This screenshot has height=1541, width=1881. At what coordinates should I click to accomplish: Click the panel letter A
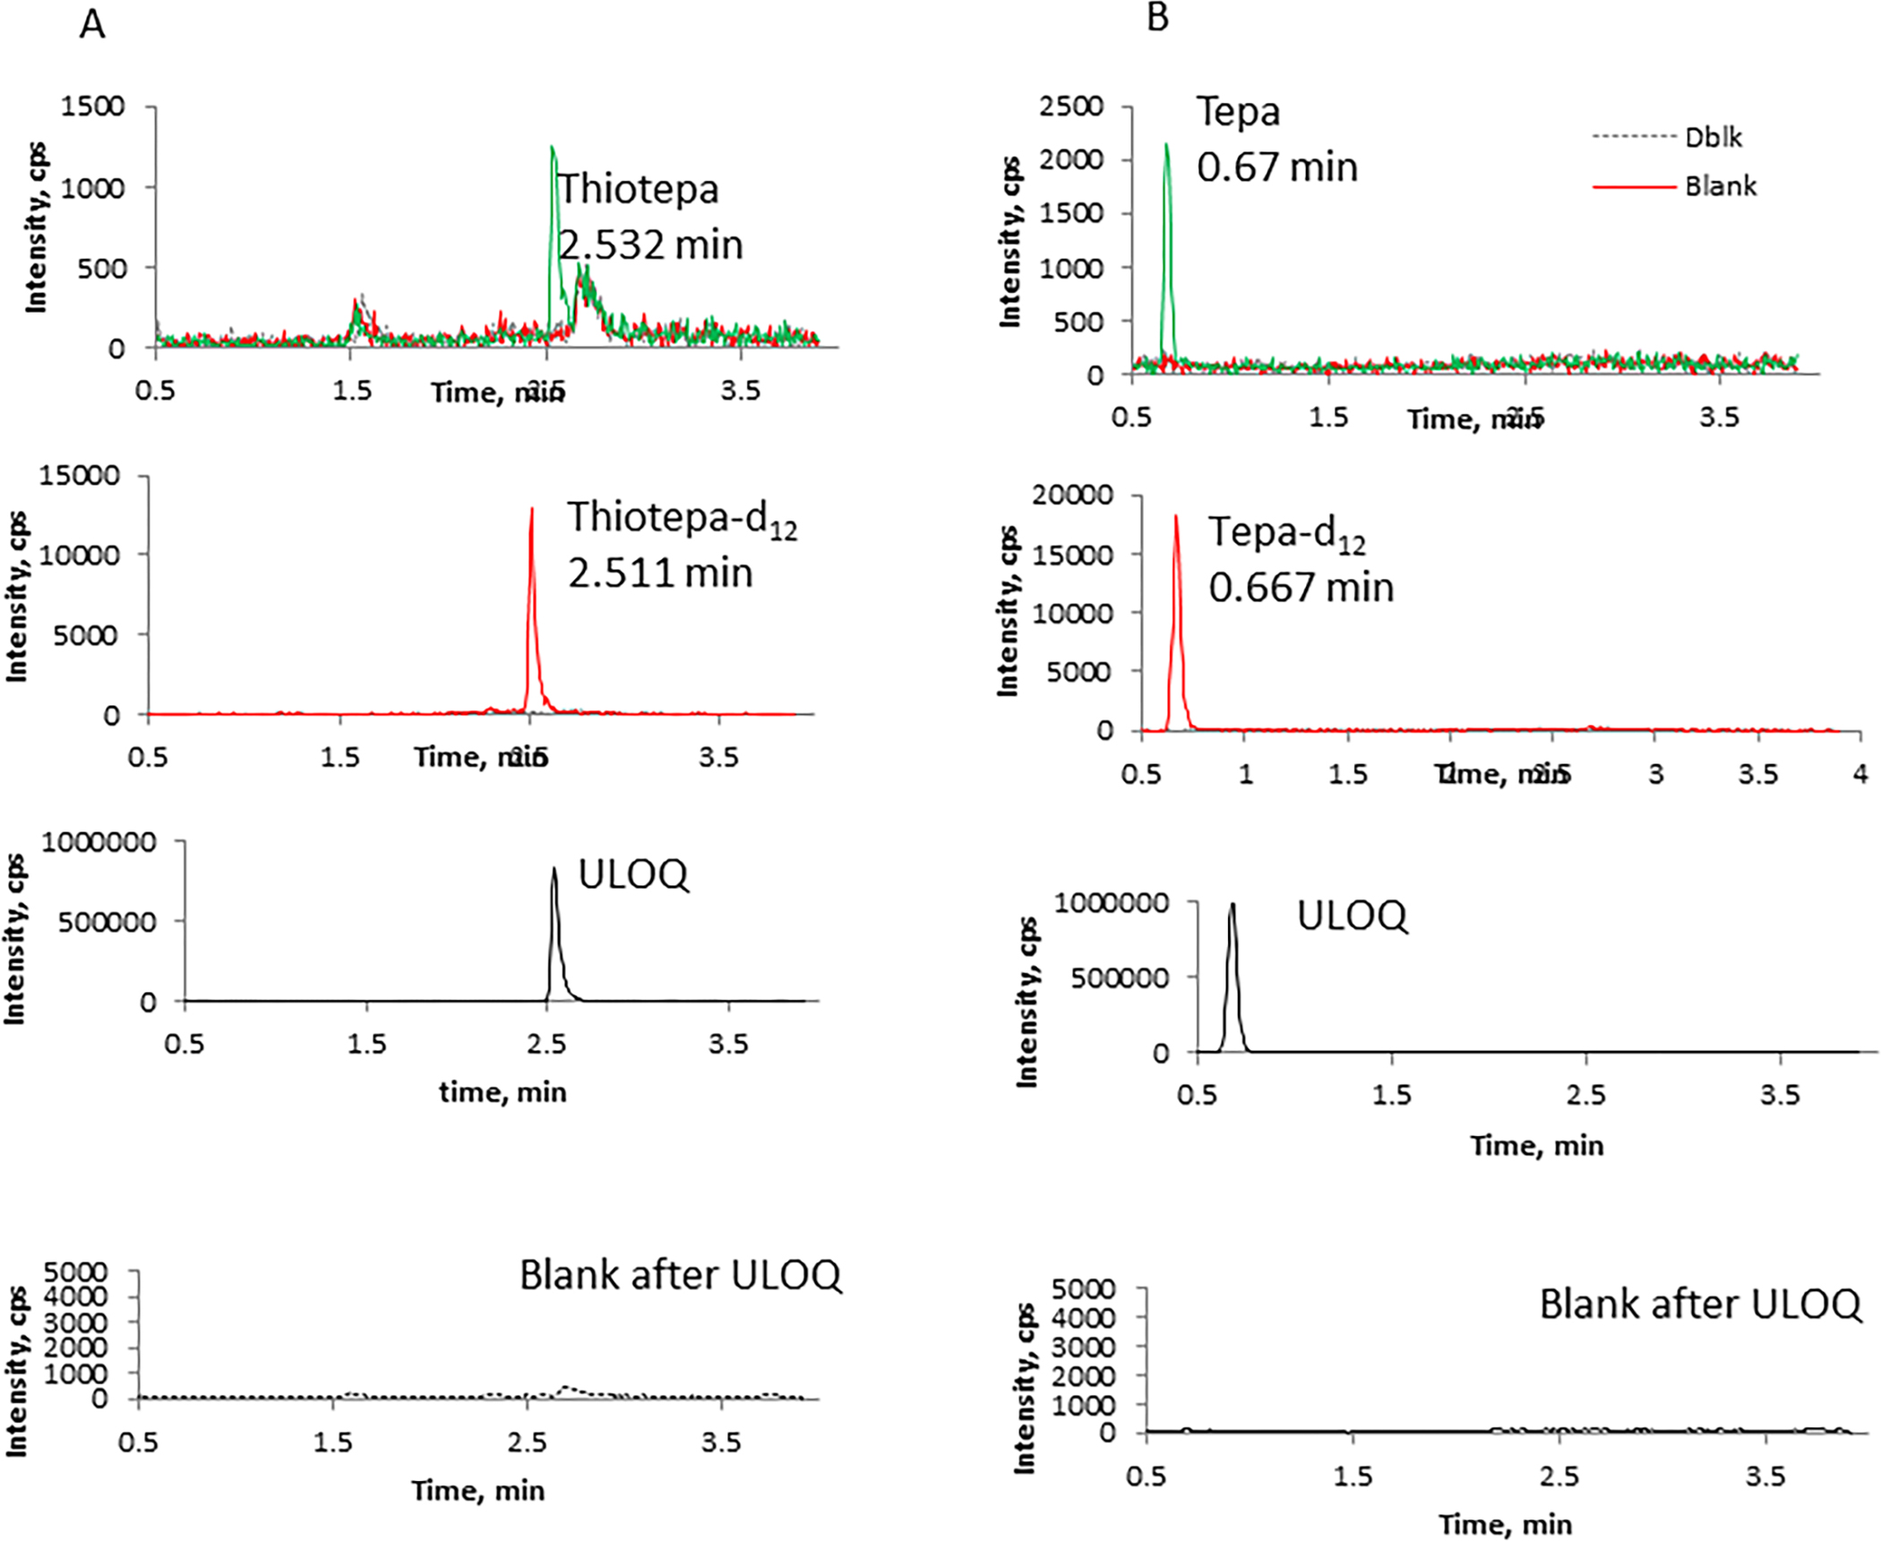point(92,25)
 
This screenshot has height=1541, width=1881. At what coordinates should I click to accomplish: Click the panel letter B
point(1157,18)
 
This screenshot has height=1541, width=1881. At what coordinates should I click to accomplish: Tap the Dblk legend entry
point(1713,137)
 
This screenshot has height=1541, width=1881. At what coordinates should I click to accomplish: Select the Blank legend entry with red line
point(1720,186)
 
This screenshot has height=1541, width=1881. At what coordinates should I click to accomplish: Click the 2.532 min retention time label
point(651,245)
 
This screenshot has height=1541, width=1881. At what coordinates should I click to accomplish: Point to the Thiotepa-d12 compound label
point(681,519)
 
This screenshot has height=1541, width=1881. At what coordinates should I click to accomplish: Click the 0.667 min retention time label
point(1301,588)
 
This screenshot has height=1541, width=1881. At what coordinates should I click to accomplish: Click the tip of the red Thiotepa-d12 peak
point(532,509)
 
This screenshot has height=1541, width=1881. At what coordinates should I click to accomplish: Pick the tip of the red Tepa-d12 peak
point(1176,516)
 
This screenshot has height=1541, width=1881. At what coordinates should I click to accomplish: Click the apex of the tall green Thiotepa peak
point(552,147)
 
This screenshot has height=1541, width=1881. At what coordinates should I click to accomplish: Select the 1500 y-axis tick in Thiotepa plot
point(92,107)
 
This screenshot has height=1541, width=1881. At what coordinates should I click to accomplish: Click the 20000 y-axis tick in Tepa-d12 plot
point(1072,495)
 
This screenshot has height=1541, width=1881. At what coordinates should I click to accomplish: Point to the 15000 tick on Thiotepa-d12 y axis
point(79,475)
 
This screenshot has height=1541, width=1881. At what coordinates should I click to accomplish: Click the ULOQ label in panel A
point(633,874)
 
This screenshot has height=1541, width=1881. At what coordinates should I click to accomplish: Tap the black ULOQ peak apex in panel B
point(1233,904)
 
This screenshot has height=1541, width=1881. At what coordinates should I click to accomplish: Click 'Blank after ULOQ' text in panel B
point(1699,1304)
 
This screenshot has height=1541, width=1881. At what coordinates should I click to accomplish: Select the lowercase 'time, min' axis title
point(502,1092)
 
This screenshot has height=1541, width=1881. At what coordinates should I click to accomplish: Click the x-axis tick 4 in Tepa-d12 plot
point(1860,773)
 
